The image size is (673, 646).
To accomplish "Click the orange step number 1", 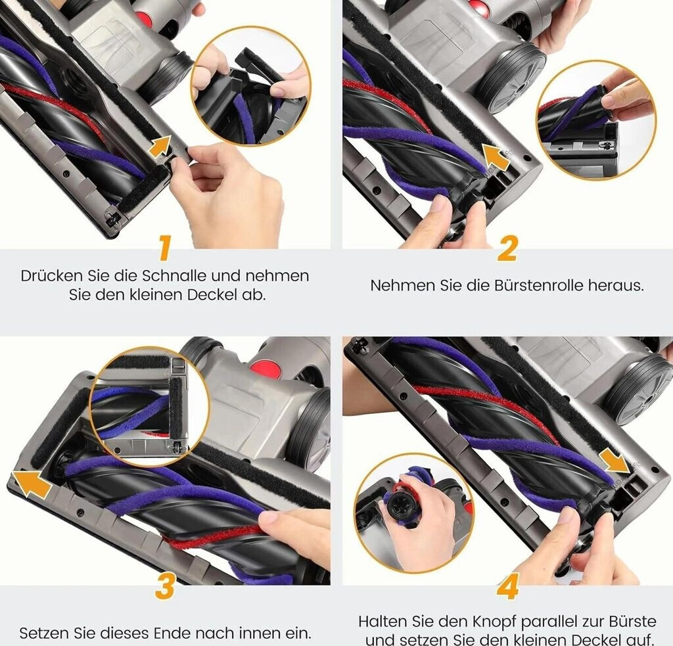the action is [x=164, y=248].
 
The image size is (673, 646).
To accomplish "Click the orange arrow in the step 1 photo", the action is [x=160, y=147].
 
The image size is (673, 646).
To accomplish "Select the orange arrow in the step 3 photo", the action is [x=31, y=484].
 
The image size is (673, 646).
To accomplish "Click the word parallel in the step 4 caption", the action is [x=553, y=622].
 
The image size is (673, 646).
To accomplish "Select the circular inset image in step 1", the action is [x=250, y=86].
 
